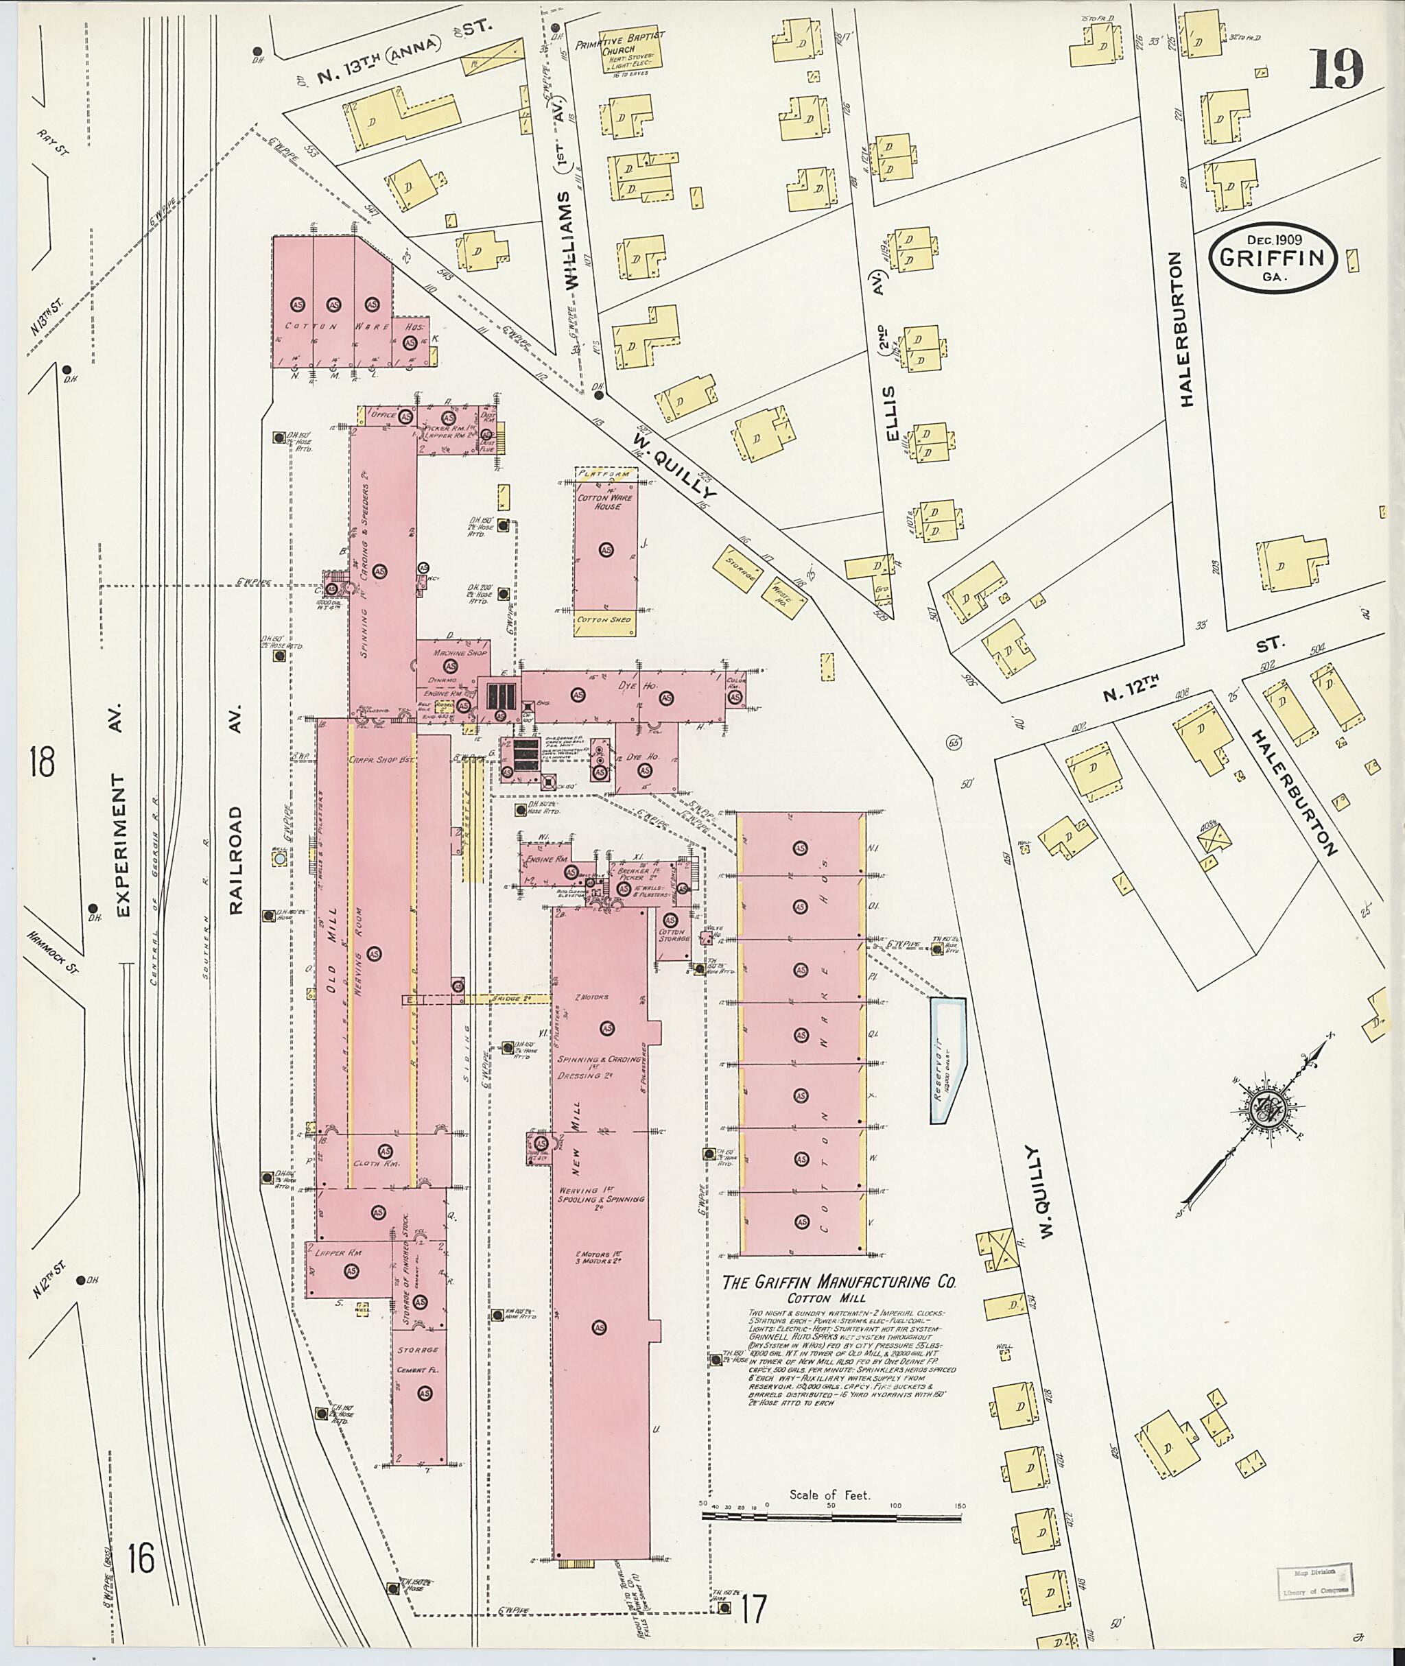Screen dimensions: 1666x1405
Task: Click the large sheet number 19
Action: tap(1336, 71)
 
